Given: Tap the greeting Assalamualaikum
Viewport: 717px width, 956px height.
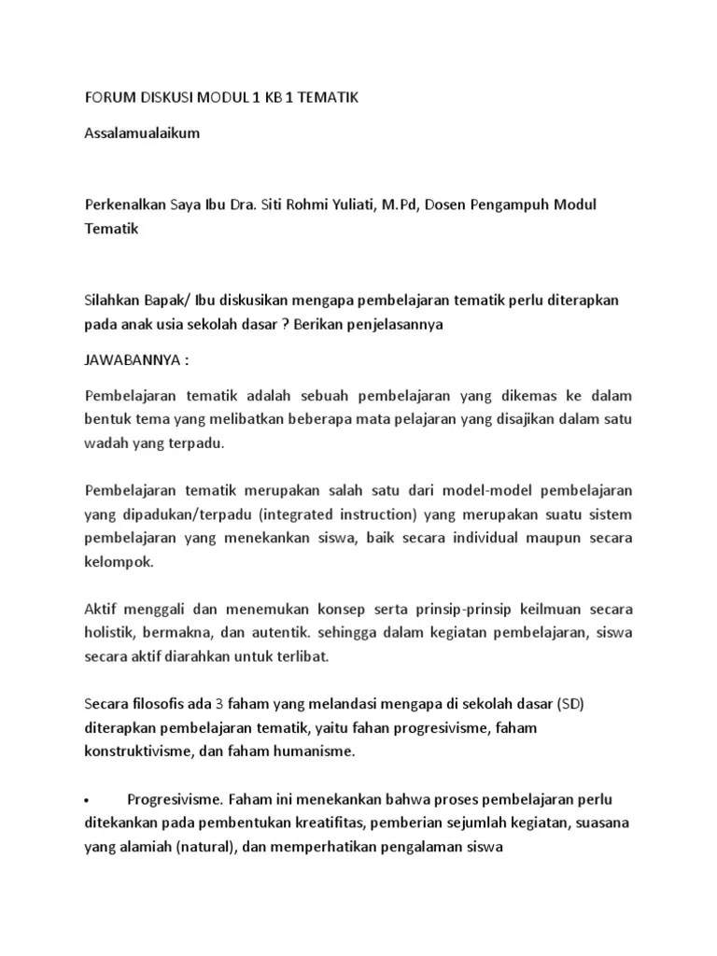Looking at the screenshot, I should pos(142,133).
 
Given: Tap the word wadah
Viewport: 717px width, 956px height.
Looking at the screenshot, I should pos(106,443).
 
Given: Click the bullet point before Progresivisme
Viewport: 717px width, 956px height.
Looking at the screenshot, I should pos(87,801).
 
